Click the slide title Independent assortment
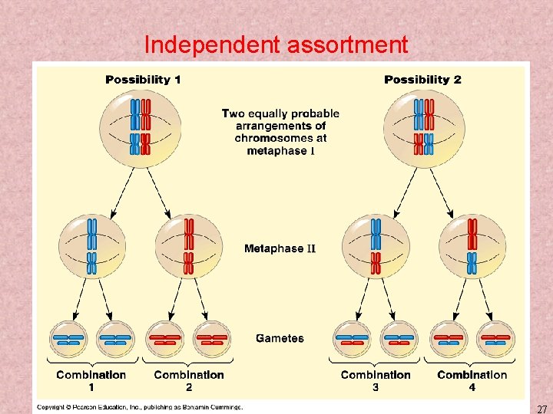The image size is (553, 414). [276, 45]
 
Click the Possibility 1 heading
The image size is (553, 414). [143, 80]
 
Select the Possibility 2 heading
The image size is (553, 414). [422, 80]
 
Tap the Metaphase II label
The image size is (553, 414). [280, 248]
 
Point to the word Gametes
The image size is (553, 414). [280, 338]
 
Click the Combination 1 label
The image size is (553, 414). [91, 380]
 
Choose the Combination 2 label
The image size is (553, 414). [189, 380]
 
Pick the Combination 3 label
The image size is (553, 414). [376, 380]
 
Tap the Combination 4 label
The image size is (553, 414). [472, 380]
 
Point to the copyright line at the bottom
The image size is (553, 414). [140, 407]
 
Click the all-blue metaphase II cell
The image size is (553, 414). [91, 246]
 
